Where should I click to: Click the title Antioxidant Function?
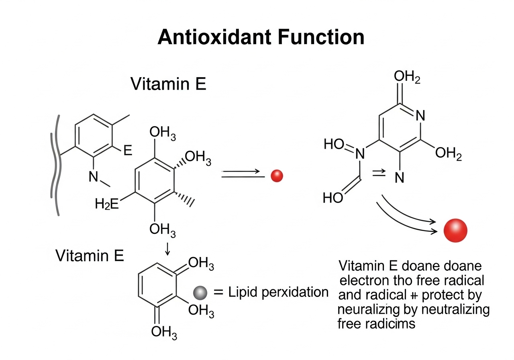coord(261,37)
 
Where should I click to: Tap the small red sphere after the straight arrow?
coord(277,176)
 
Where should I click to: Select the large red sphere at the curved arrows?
coord(455,231)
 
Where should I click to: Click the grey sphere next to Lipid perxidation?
coord(200,293)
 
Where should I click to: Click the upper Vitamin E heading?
coord(168,84)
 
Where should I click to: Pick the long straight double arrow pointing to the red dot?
coord(243,173)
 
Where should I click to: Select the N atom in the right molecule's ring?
coord(420,116)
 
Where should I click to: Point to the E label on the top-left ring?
coord(127,151)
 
